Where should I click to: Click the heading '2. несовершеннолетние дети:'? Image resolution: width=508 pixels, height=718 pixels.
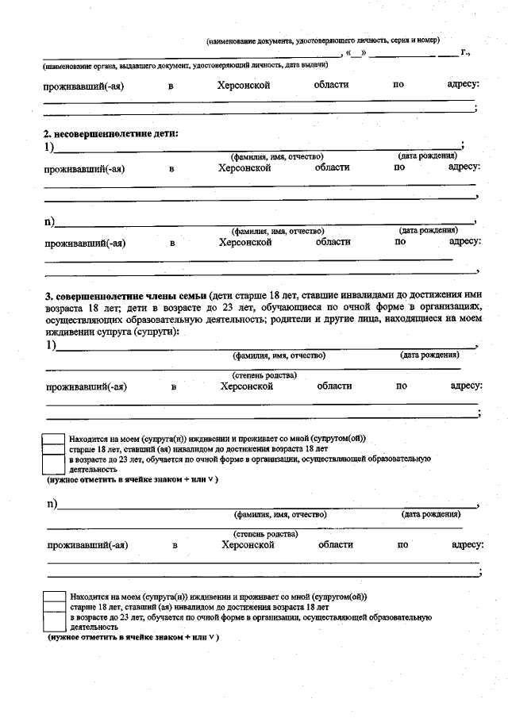click(111, 133)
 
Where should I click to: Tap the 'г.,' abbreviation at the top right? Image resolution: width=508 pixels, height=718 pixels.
click(465, 54)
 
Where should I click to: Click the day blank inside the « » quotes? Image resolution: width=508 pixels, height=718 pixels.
click(355, 54)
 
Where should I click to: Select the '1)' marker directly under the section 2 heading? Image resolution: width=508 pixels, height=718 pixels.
click(49, 147)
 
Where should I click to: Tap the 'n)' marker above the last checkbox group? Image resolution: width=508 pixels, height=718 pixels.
click(52, 504)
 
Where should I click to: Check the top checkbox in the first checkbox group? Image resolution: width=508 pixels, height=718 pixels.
click(54, 438)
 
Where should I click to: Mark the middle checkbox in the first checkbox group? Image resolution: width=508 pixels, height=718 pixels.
click(54, 448)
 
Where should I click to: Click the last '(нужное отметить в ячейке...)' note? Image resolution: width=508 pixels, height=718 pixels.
click(133, 637)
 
